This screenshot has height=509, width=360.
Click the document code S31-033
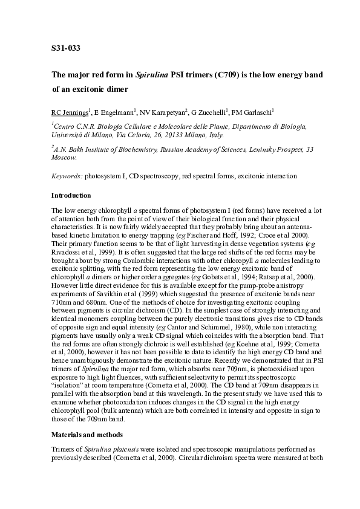pos(66,47)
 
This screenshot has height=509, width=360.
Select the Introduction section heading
pos(71,195)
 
